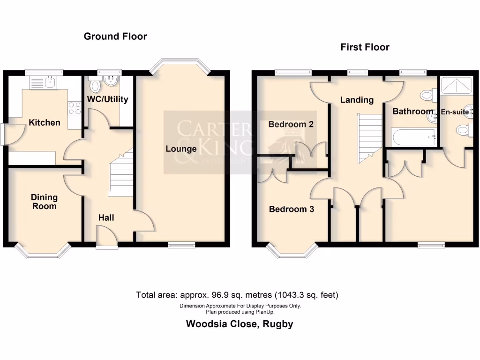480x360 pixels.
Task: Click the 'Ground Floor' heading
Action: (115, 36)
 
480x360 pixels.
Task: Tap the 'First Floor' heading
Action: (365, 47)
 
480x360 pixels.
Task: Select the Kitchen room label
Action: (45, 122)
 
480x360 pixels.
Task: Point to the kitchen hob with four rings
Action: (74, 108)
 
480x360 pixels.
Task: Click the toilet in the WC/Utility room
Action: (95, 86)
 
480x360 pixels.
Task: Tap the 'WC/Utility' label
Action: (107, 99)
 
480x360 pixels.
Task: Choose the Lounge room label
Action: (181, 149)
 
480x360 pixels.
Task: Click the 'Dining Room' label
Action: (44, 202)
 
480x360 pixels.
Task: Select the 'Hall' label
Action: (106, 217)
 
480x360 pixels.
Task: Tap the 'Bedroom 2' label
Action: (291, 124)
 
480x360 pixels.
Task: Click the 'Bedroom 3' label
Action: (291, 209)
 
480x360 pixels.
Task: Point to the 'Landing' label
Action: (357, 99)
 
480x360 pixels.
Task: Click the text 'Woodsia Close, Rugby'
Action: (240, 324)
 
